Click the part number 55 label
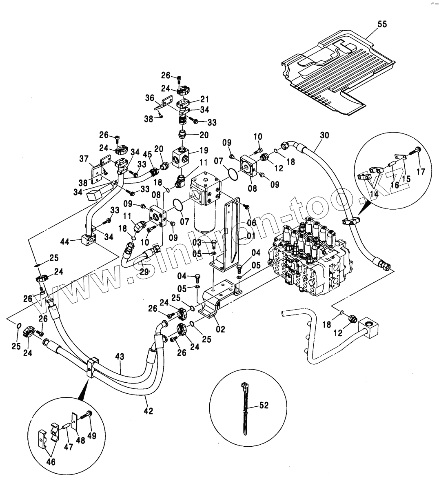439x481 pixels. (x=382, y=24)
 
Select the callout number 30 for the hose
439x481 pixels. (x=324, y=135)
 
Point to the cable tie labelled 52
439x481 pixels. (x=244, y=408)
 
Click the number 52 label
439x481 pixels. (x=264, y=406)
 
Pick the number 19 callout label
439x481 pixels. (x=204, y=150)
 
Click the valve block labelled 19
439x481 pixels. (x=182, y=157)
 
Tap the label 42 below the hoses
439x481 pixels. (x=148, y=411)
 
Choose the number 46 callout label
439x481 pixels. (x=51, y=462)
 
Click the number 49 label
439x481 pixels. (x=91, y=436)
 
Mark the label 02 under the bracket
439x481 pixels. (x=220, y=330)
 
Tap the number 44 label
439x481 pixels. (x=65, y=242)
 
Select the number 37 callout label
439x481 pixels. (x=84, y=159)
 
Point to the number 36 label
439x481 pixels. (x=149, y=98)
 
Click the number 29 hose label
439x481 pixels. (x=144, y=271)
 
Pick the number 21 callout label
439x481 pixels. (x=204, y=99)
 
